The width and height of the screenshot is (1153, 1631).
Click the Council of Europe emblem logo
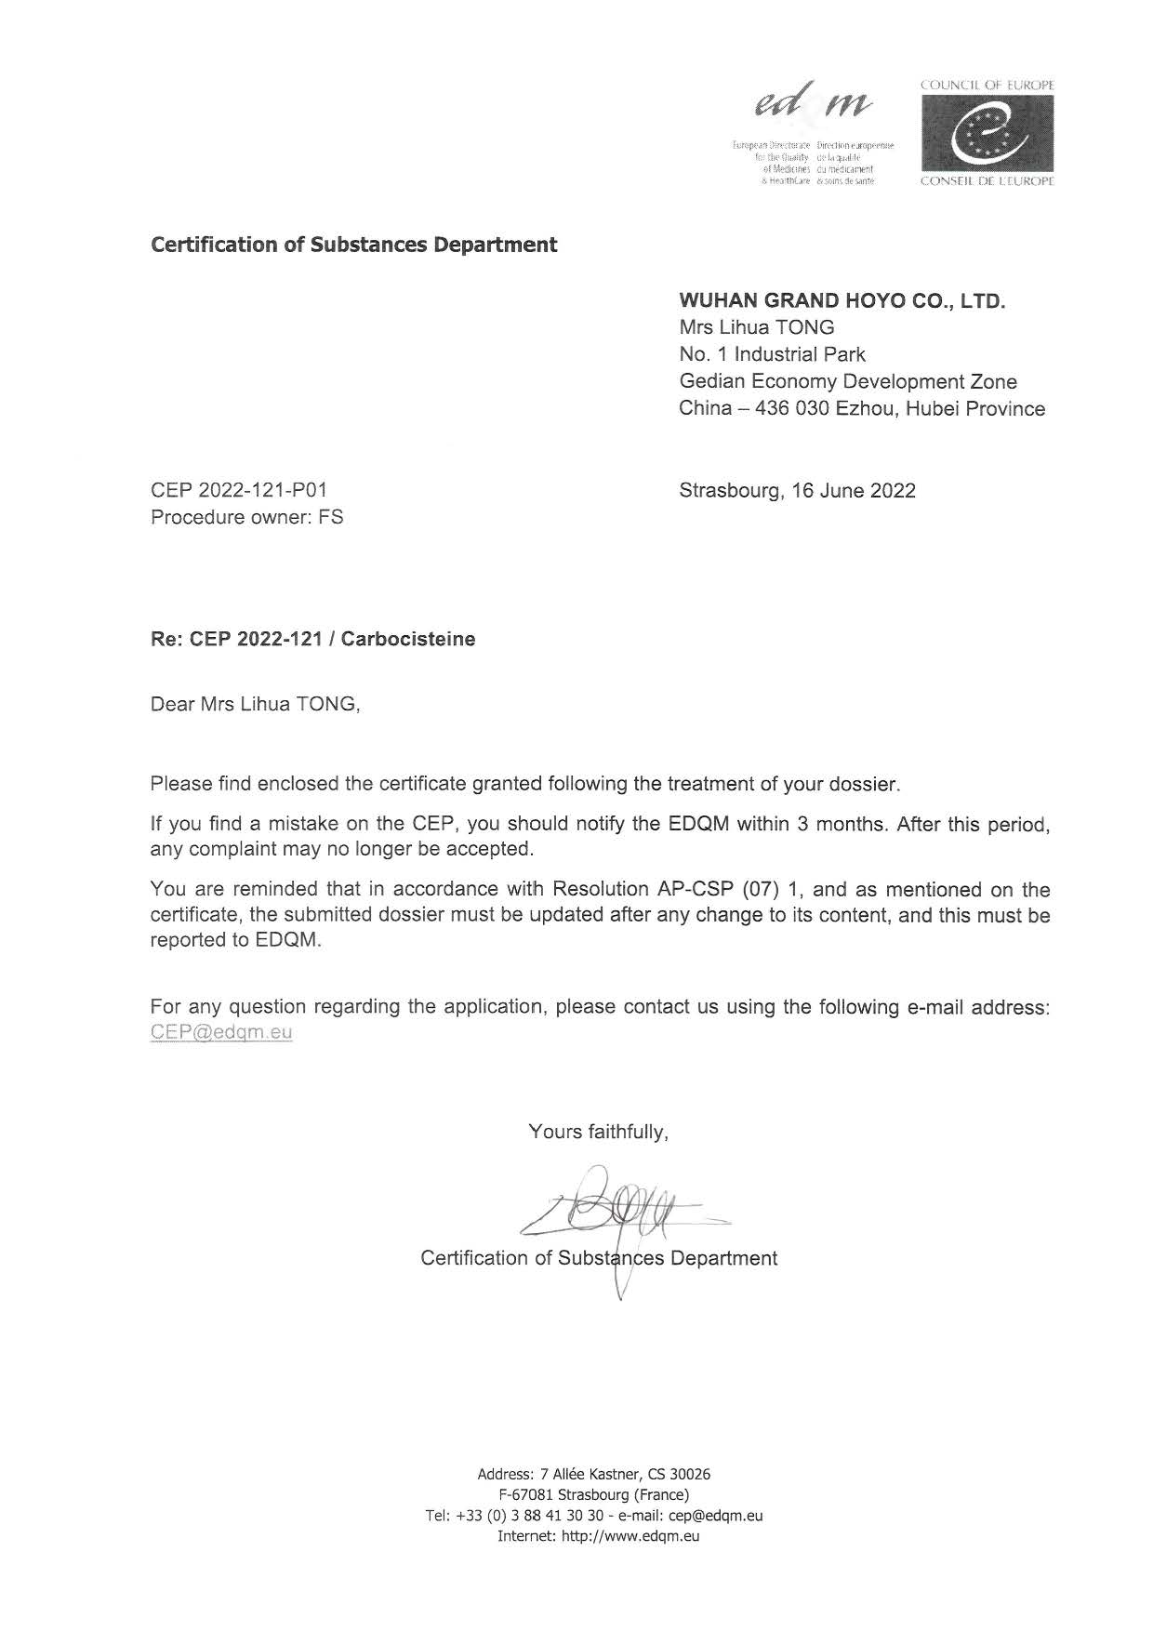[987, 133]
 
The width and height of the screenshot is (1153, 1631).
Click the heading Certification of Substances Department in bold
[354, 245]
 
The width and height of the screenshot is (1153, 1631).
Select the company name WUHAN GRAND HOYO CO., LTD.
[842, 301]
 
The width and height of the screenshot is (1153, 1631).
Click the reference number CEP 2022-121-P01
[239, 490]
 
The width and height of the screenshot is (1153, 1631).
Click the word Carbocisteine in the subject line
[408, 639]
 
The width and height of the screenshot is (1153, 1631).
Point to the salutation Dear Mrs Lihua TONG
[255, 704]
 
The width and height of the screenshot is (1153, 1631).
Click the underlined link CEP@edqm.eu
[221, 1032]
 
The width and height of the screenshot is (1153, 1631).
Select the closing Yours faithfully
[598, 1132]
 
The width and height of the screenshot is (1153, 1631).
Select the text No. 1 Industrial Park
[772, 354]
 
